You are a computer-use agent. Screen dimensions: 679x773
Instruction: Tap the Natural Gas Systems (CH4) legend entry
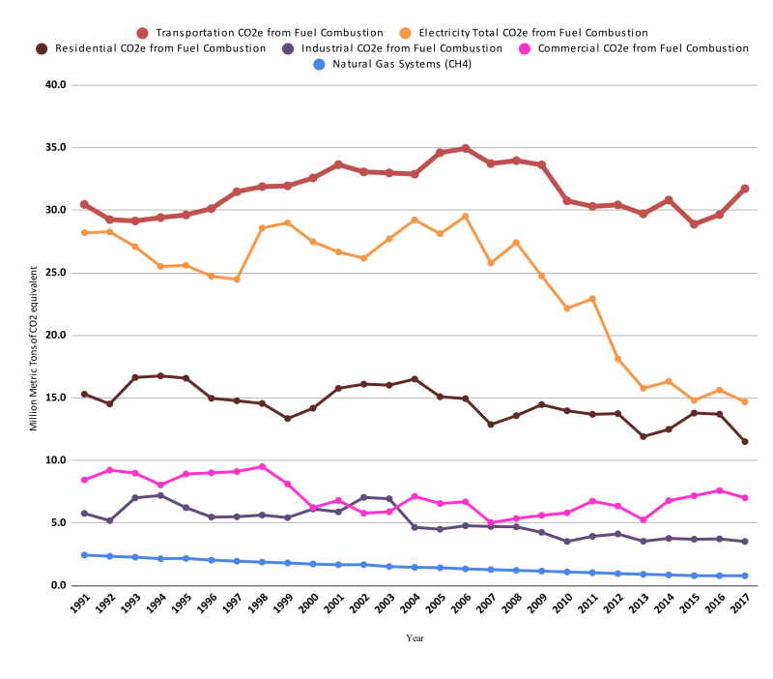(401, 64)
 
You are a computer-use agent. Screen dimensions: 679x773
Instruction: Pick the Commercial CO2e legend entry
(643, 48)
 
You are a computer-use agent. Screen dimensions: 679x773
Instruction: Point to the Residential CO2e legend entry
(159, 48)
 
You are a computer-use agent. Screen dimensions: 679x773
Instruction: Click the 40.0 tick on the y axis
(55, 85)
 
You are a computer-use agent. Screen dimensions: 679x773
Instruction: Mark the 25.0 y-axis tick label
(55, 273)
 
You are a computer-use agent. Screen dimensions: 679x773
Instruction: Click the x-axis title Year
(415, 638)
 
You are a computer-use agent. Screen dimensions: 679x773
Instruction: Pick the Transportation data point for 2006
(466, 149)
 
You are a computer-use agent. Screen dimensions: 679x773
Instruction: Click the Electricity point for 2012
(617, 359)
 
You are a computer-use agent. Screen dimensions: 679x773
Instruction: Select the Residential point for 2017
(744, 442)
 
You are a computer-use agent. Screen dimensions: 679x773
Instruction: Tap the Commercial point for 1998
(262, 467)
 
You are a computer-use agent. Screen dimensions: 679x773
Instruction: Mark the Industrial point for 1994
(160, 495)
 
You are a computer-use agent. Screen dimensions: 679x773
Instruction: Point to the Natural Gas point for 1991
(84, 555)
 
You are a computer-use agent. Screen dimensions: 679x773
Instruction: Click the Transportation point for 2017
(744, 189)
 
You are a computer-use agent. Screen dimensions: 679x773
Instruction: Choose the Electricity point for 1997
(237, 279)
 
